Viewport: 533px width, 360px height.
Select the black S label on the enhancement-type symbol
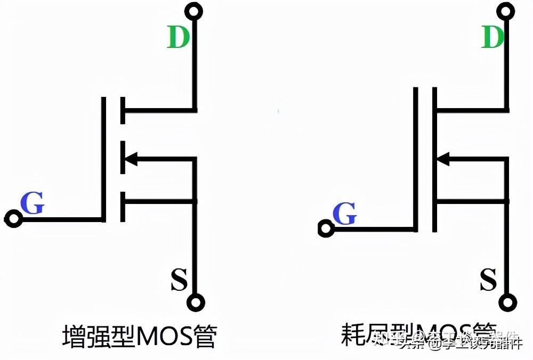[179, 280]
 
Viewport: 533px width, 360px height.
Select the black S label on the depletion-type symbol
[488, 280]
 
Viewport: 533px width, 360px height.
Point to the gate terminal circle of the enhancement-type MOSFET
[13, 218]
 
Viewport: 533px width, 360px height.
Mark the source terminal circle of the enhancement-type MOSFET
[196, 302]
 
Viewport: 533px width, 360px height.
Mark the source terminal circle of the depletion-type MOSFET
[507, 302]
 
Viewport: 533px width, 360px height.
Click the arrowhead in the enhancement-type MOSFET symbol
[131, 158]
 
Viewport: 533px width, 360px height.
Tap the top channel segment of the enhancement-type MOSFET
[123, 111]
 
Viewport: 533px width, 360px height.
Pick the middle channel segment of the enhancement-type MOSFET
[123, 158]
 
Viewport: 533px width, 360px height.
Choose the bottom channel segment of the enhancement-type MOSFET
[123, 207]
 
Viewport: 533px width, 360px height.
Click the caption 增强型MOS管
[139, 337]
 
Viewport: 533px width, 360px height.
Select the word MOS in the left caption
[164, 337]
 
